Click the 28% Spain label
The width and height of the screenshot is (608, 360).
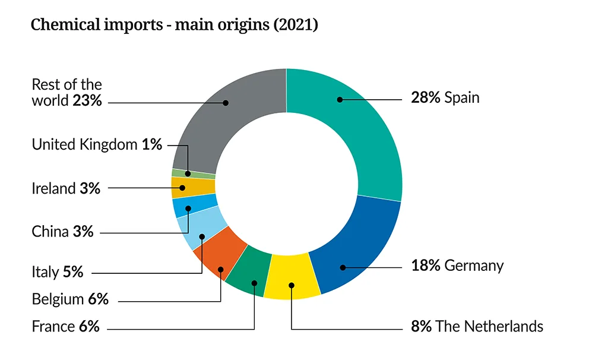[445, 97]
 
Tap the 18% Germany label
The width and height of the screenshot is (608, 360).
[457, 265]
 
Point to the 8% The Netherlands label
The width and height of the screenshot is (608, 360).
[476, 326]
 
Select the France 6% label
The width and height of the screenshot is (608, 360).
[65, 326]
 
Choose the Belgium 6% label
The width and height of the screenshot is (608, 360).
[70, 299]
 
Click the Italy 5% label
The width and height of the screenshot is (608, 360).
[57, 272]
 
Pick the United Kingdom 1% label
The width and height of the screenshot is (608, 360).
[97, 144]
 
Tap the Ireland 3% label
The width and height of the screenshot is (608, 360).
[66, 188]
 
